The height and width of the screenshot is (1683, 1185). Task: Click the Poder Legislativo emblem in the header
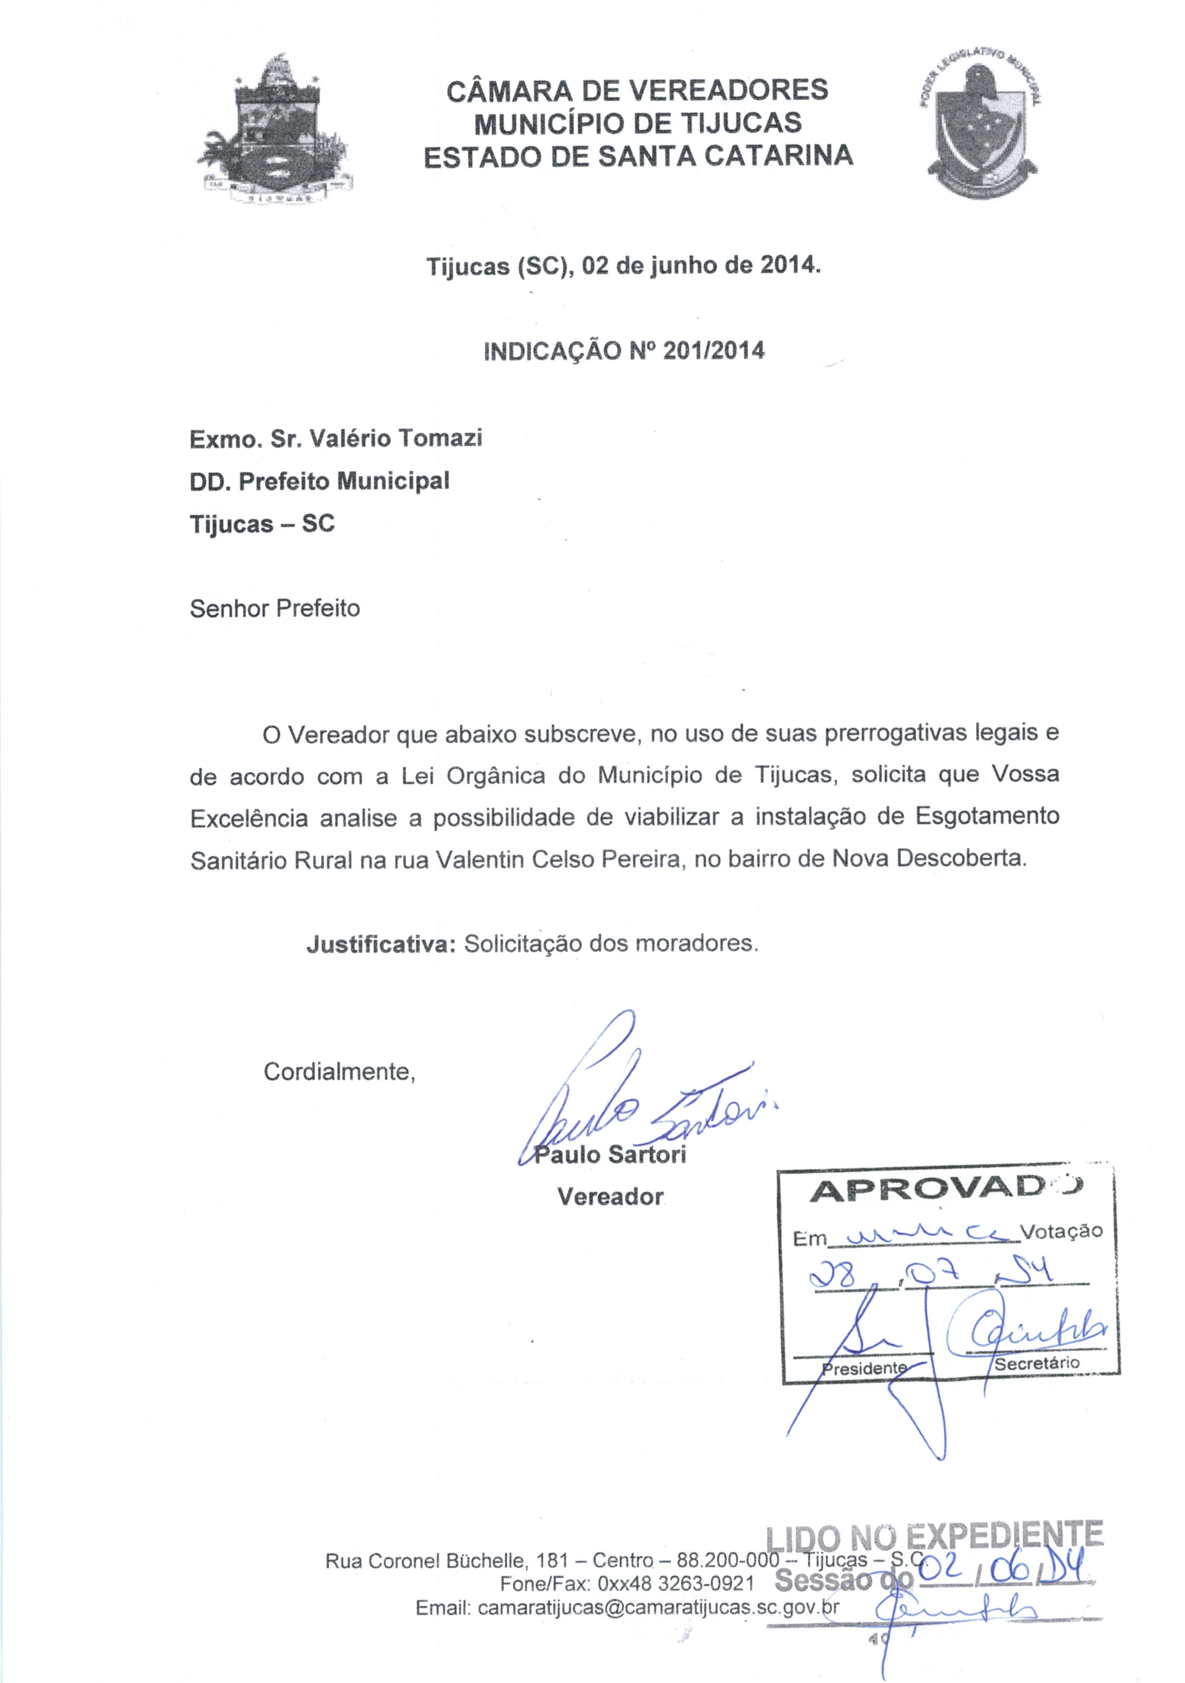tap(981, 128)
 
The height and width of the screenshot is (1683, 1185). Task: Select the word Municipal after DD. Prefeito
tap(393, 481)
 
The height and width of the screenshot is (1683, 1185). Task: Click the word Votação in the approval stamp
tap(1061, 1231)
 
